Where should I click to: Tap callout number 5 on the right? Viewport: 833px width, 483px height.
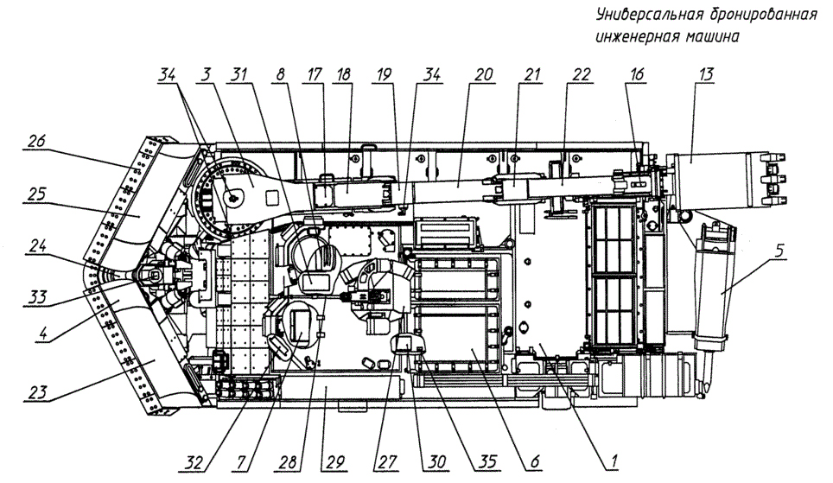pos(779,251)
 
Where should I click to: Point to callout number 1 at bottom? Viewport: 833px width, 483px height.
pos(614,461)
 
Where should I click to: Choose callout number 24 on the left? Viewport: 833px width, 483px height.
pos(37,246)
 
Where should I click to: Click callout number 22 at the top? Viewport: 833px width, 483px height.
pos(581,73)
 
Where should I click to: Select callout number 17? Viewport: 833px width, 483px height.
pos(315,73)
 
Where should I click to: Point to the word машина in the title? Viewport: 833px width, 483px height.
pos(713,36)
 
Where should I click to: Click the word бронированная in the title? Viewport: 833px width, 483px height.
pos(763,15)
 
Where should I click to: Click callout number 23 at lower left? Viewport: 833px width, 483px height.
pos(37,392)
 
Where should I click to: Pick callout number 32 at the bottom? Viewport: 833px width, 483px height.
pos(194,461)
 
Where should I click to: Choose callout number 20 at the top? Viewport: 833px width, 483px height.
pos(483,73)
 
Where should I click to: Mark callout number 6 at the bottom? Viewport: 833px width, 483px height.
pos(534,461)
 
